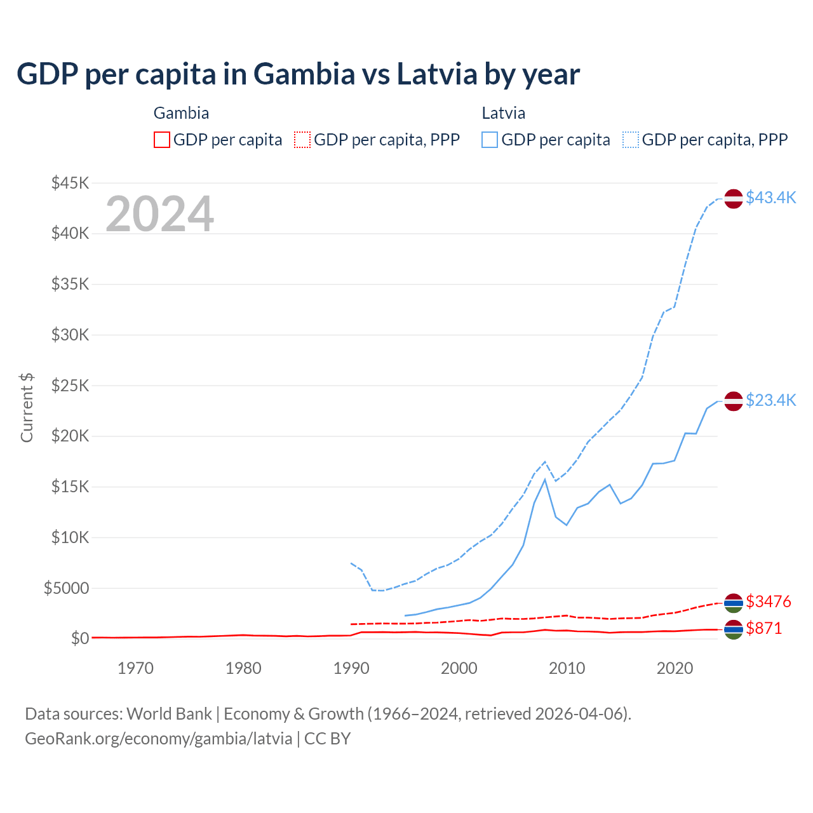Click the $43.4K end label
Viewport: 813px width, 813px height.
tap(770, 198)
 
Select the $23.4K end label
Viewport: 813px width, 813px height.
tap(770, 400)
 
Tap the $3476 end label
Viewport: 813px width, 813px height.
tap(769, 601)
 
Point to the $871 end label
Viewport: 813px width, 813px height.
tap(764, 628)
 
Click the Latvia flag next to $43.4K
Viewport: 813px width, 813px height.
tap(734, 199)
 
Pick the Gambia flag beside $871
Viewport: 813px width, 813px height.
tap(734, 629)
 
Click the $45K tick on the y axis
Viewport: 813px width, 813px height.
tap(70, 183)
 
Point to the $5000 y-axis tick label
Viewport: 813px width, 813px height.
tap(66, 588)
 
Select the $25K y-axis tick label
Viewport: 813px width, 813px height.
tap(70, 386)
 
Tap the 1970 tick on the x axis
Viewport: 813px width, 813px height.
tap(136, 668)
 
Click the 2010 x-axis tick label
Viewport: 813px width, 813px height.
tap(567, 668)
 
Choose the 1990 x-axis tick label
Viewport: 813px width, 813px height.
tap(351, 668)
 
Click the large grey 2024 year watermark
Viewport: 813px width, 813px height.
tap(159, 214)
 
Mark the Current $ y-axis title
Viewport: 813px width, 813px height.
tap(27, 408)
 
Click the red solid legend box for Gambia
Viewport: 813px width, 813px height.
tap(162, 140)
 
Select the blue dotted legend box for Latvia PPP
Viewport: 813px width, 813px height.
tap(631, 140)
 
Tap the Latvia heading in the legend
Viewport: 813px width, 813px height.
tap(503, 113)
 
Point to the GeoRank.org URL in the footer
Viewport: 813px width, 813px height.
tap(158, 739)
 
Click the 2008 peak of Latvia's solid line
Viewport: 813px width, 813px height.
tap(545, 479)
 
